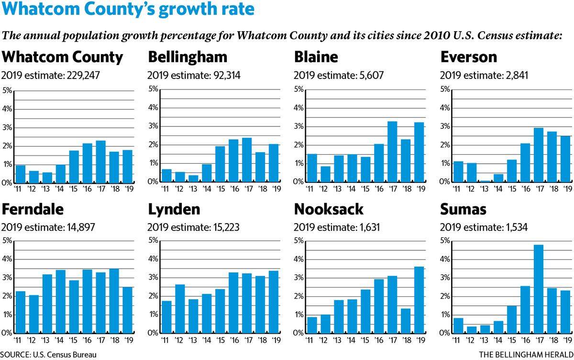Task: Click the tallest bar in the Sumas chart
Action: point(539,289)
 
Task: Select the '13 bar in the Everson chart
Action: point(485,181)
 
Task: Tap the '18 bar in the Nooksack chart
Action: point(406,321)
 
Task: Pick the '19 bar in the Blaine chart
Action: point(419,152)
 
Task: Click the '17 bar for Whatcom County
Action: point(101,162)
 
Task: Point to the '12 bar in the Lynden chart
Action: point(180,309)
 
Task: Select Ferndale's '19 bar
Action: point(127,310)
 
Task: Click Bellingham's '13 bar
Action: point(193,179)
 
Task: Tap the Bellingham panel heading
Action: point(188,57)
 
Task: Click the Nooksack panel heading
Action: point(329,209)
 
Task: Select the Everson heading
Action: point(469,57)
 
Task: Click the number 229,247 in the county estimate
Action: point(83,75)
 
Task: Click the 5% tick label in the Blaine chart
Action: point(298,89)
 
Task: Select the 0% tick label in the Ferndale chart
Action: point(7,333)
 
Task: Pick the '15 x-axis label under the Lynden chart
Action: point(221,340)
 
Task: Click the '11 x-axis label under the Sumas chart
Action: point(456,340)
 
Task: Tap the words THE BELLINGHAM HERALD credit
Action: point(526,355)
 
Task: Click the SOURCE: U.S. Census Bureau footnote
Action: point(48,355)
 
